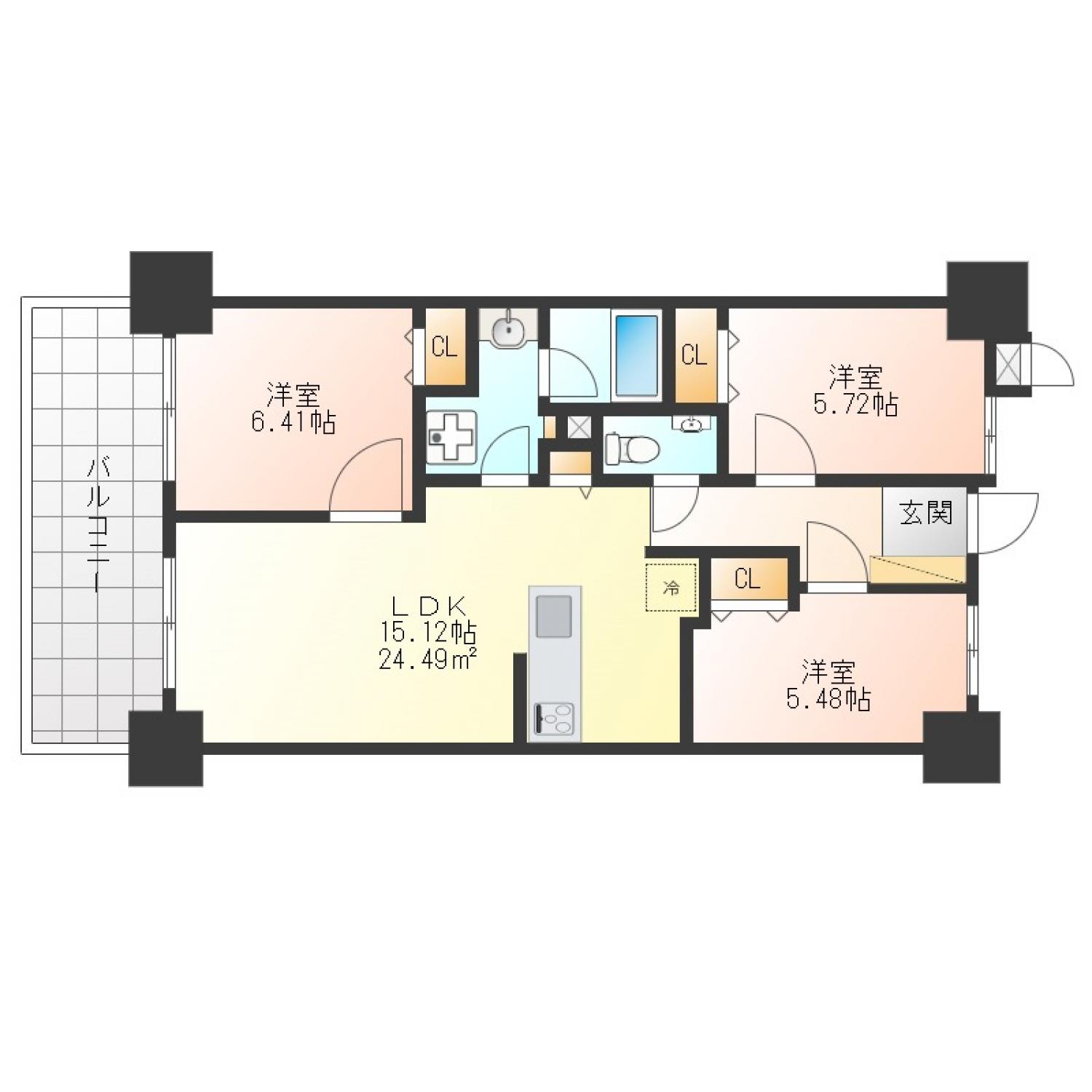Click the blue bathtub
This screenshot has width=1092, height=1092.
click(637, 355)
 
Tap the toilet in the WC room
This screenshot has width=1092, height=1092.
click(630, 448)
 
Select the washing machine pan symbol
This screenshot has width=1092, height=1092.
click(451, 436)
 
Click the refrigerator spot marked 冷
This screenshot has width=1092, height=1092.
click(671, 587)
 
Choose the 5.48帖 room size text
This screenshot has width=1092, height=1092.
click(828, 699)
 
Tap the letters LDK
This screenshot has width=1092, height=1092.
click(428, 606)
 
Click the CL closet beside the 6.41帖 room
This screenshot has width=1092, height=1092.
click(445, 347)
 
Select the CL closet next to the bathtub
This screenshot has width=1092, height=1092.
click(695, 355)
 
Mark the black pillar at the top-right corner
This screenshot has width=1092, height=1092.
click(987, 300)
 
